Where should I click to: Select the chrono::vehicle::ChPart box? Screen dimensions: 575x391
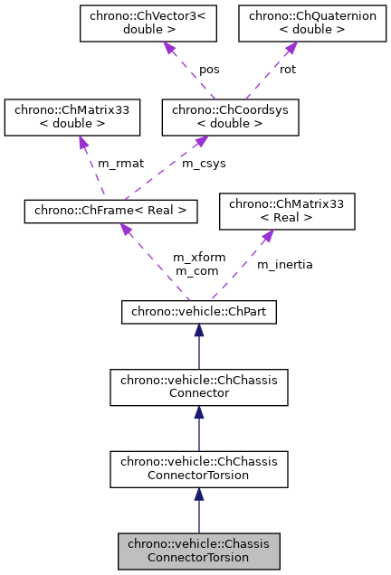pos(198,312)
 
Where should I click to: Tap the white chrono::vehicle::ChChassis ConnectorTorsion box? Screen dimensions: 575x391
pos(198,469)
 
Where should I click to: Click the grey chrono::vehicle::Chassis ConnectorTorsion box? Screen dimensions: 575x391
pos(198,551)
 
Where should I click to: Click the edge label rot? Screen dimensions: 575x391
pos(287,69)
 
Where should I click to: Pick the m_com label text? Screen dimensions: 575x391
pos(194,270)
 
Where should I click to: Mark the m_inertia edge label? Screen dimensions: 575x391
pos(284,264)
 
